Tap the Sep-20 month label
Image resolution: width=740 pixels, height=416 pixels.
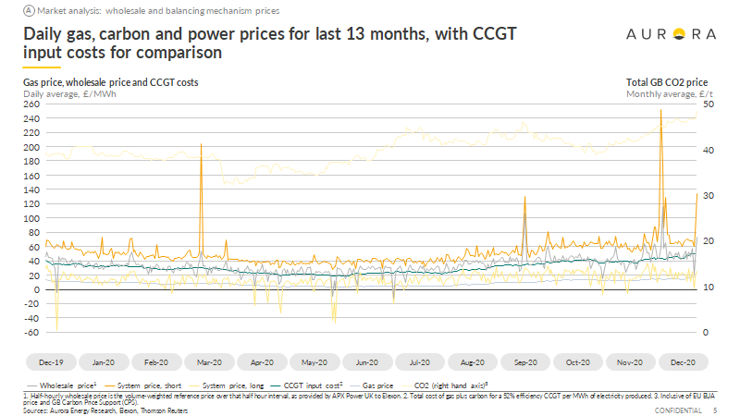pos(525,363)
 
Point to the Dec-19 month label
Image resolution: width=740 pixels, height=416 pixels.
pos(51,363)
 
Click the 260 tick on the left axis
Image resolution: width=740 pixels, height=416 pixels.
pos(31,104)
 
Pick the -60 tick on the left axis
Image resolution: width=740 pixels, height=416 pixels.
pos(31,332)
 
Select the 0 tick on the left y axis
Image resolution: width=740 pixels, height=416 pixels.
pos(38,289)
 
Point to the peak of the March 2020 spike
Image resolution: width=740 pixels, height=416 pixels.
pos(201,144)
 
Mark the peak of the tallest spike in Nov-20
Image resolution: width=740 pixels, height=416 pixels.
pos(660,110)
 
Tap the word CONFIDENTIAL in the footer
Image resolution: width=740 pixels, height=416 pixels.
pos(680,410)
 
